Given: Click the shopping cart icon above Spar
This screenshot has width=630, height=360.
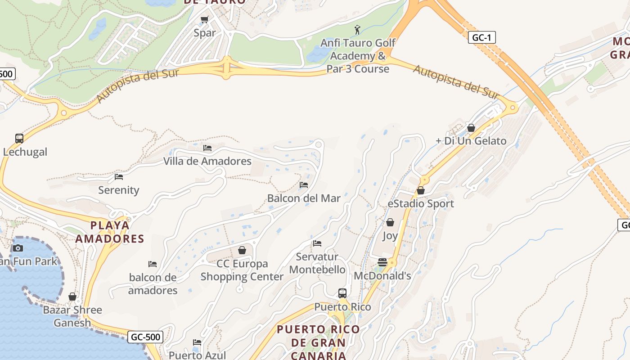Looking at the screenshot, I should click(205, 20).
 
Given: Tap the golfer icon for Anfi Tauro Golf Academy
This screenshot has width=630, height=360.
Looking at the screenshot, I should click(357, 30).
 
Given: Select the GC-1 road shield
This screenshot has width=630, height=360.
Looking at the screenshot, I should click(481, 37).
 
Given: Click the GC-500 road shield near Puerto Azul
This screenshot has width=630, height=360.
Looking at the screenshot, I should click(145, 337).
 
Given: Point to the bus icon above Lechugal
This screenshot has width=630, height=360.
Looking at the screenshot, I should click(19, 139).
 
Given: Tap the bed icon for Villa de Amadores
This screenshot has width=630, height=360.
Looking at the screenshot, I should click(207, 148).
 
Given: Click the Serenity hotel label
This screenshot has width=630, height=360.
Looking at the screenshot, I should click(119, 190).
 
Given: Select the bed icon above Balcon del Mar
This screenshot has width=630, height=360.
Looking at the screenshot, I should click(304, 185).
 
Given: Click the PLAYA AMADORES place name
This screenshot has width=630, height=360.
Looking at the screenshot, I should click(109, 232).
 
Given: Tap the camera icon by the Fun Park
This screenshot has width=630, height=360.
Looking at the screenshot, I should click(18, 248).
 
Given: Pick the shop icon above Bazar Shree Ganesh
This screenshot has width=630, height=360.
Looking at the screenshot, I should click(72, 297).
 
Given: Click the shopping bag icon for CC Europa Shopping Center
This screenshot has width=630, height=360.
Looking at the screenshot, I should click(242, 250).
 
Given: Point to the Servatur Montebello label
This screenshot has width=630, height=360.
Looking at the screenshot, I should click(317, 263).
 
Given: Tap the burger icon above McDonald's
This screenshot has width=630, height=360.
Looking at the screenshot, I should click(382, 262).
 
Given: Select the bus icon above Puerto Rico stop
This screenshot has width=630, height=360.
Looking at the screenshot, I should click(342, 293).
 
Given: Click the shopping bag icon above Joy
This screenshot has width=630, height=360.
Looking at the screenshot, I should click(390, 222).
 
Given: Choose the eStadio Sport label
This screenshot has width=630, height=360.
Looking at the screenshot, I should click(421, 204).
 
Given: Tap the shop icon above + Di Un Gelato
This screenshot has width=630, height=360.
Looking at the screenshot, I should click(471, 128).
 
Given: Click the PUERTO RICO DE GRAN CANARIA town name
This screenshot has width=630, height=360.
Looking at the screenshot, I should click(318, 342).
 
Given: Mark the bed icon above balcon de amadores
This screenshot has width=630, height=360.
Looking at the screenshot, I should click(153, 264).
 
